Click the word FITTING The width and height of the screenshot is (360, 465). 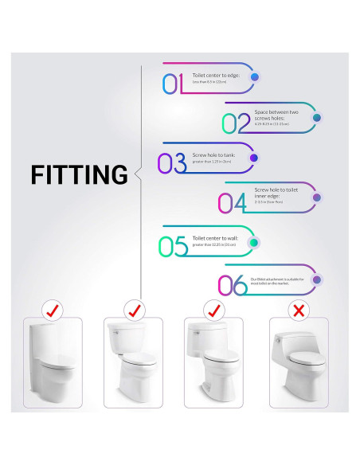(x=80, y=174)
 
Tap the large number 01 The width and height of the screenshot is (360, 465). (x=173, y=83)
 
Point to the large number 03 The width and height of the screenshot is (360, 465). (x=171, y=162)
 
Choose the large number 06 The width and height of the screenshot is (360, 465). (x=232, y=285)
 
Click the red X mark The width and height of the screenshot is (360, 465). (x=298, y=309)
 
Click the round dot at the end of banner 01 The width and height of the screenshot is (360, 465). (x=255, y=77)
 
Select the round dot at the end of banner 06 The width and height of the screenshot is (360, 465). (x=316, y=279)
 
